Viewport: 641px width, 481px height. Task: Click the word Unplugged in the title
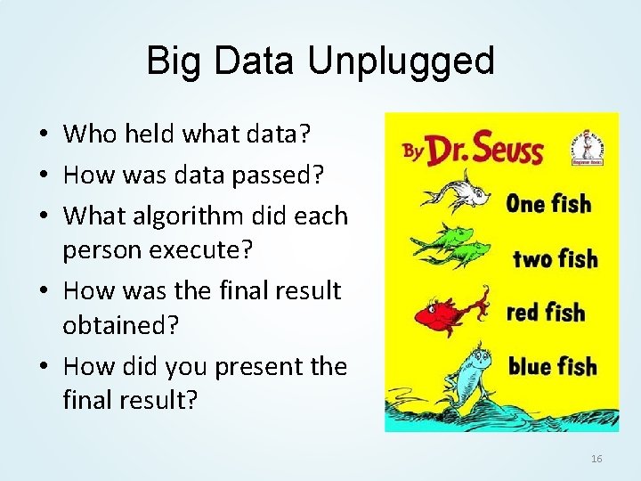coord(401,61)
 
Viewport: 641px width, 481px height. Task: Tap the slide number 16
coord(596,459)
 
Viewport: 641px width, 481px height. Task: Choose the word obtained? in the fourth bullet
coord(121,325)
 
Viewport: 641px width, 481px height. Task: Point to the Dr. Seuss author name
coord(485,149)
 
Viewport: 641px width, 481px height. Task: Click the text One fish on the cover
coord(548,204)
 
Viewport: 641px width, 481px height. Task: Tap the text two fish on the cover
coord(555,259)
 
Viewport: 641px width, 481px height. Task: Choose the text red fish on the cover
coord(545,313)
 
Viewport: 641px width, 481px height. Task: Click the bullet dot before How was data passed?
coord(43,175)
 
